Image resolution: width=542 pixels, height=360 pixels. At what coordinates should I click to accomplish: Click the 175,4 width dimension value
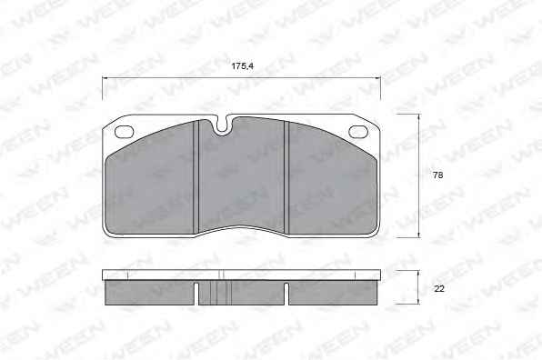(x=242, y=66)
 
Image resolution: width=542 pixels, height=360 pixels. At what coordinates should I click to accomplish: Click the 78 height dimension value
(x=437, y=175)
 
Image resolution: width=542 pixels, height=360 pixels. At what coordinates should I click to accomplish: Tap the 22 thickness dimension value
(x=438, y=288)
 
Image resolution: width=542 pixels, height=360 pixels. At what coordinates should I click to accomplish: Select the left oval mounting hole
(x=124, y=132)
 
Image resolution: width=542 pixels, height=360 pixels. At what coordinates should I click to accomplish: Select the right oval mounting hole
(x=358, y=132)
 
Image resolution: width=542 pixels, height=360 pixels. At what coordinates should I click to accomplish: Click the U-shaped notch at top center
(x=223, y=125)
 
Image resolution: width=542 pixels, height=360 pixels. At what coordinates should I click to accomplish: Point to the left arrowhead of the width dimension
(x=105, y=78)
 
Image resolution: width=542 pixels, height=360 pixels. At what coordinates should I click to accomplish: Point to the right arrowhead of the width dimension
(x=377, y=78)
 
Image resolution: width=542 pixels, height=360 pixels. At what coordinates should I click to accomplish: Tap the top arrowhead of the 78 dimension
(x=419, y=117)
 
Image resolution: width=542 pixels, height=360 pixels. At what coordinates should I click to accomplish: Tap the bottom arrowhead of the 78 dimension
(x=419, y=235)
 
